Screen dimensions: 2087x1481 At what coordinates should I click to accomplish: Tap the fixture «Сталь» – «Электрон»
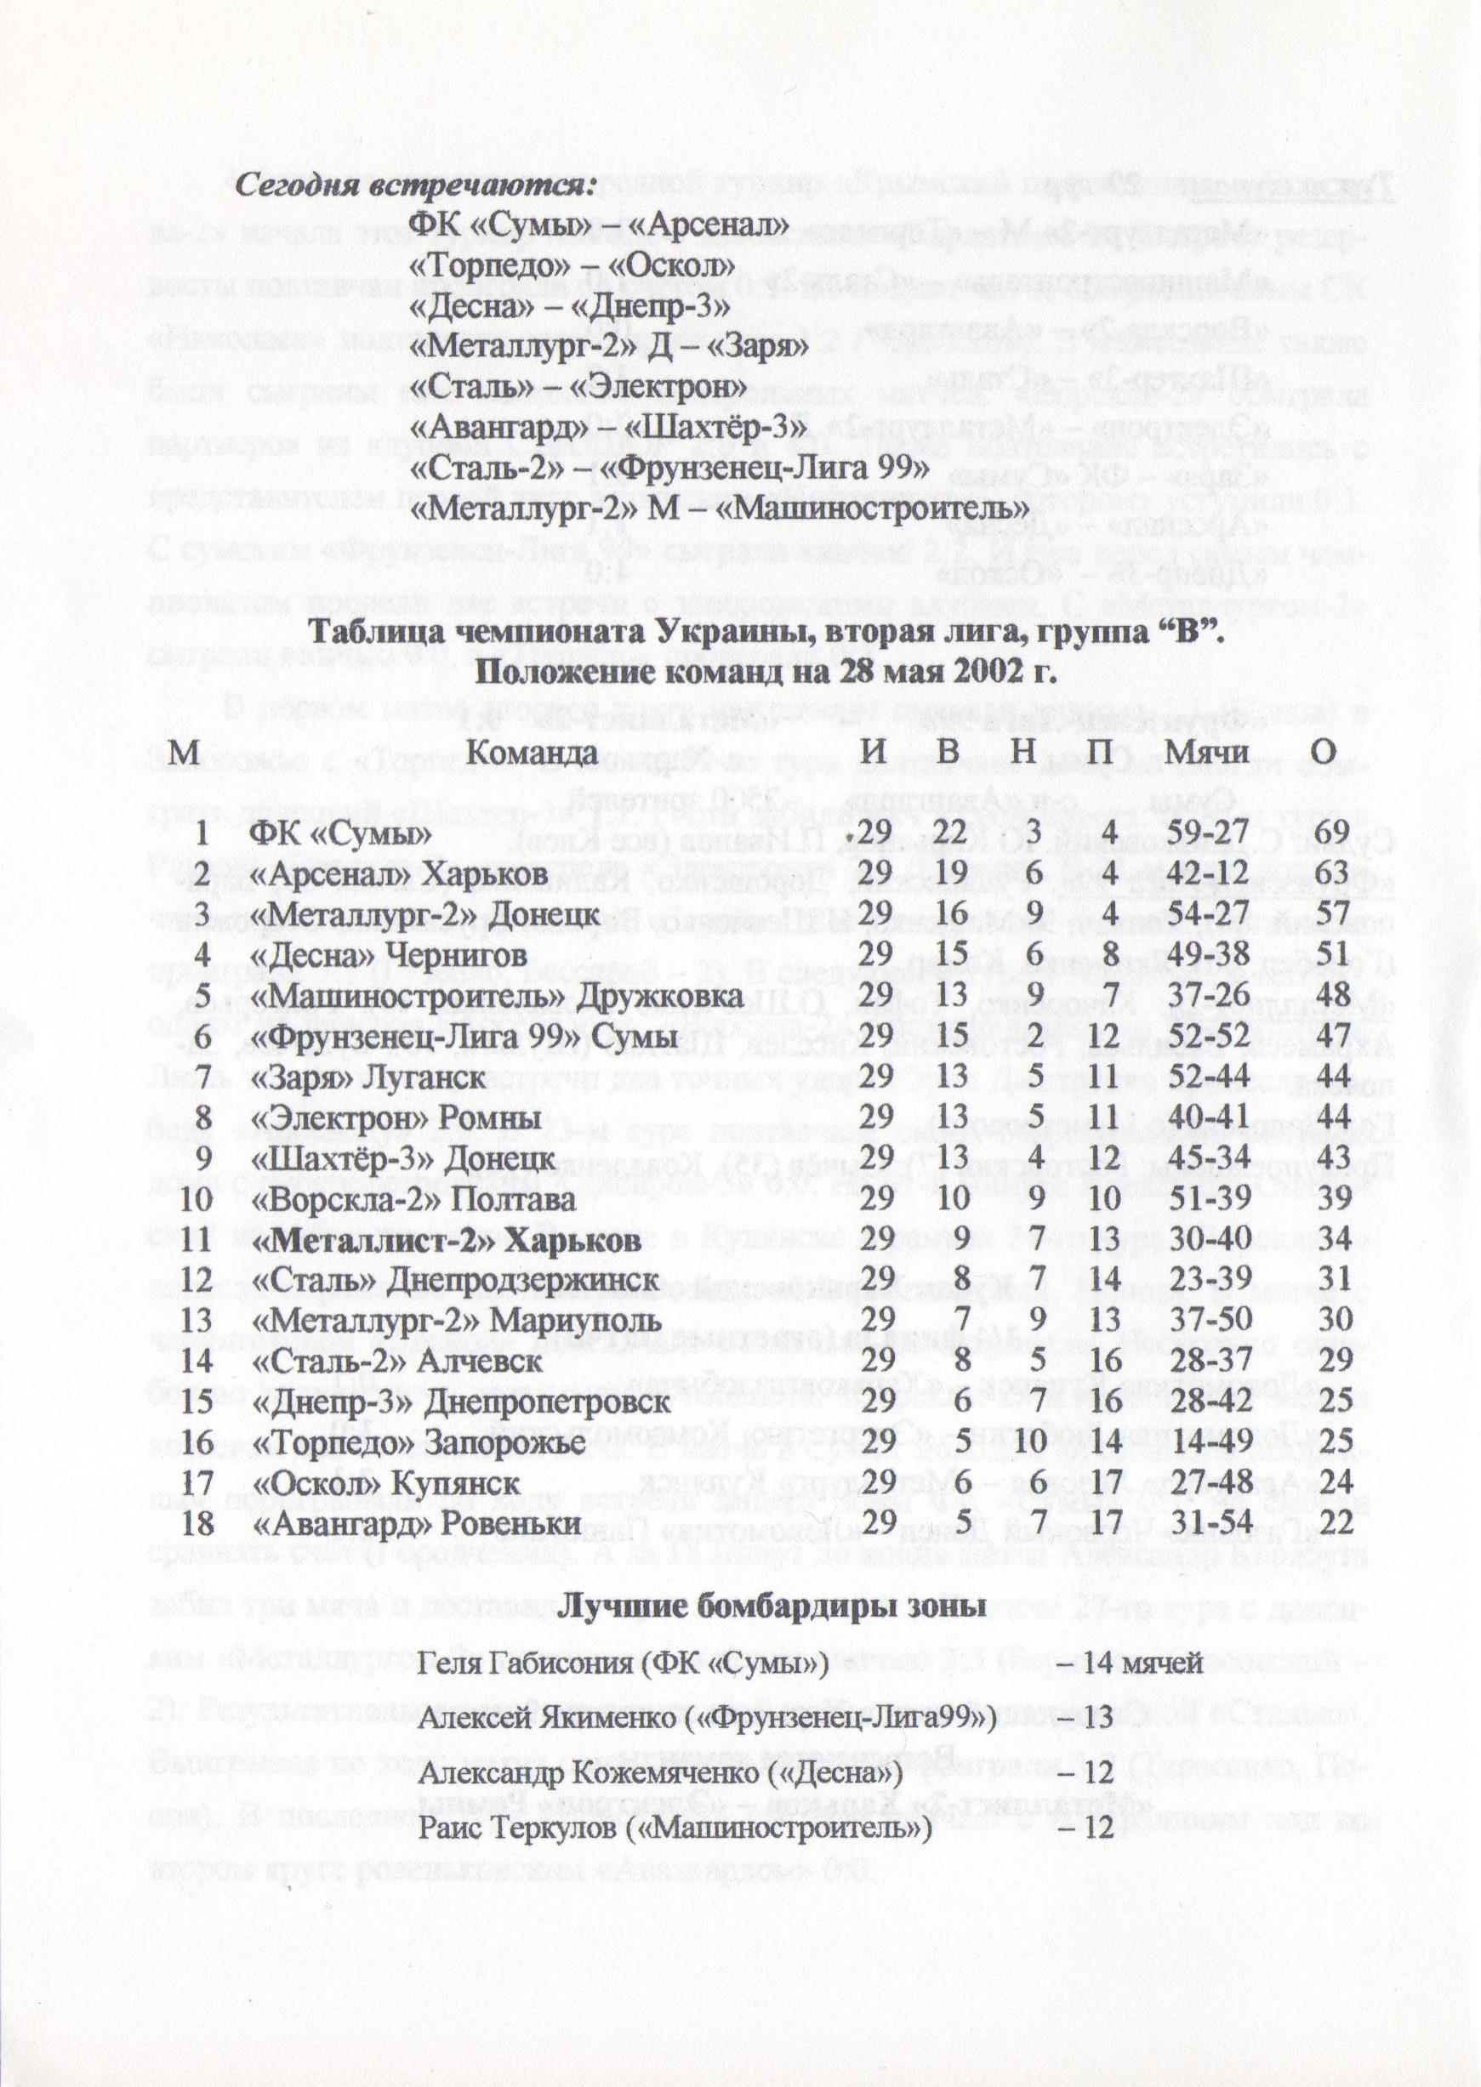575,387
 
